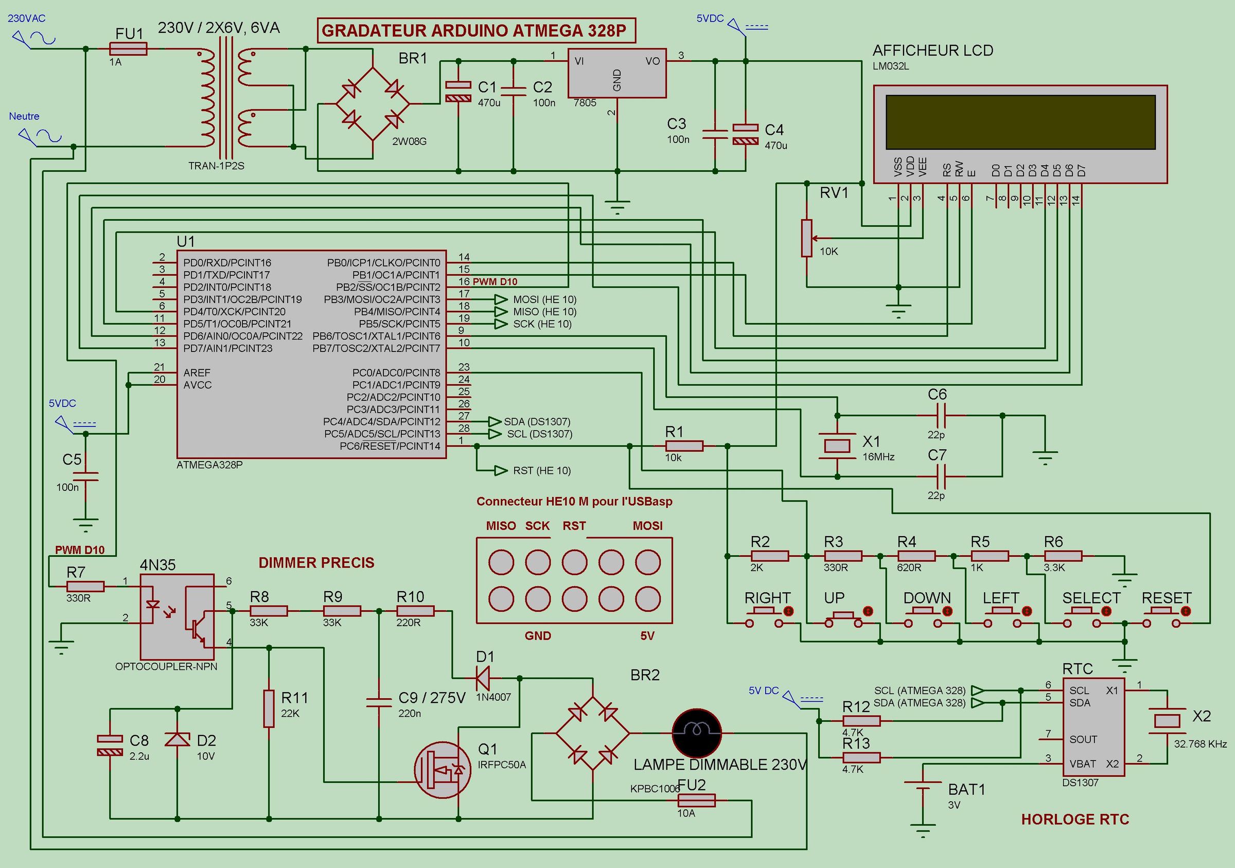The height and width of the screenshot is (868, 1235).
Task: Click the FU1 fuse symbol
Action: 128,49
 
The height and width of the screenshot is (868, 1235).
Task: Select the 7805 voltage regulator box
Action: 617,74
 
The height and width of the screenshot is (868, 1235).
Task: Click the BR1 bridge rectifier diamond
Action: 372,104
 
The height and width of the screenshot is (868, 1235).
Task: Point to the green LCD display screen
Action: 1020,122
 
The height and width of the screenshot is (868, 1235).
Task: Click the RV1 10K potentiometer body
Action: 806,238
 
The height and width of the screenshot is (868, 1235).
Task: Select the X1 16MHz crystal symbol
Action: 837,446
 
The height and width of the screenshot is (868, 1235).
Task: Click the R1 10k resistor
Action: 684,446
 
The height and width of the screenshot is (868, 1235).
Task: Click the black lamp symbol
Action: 697,733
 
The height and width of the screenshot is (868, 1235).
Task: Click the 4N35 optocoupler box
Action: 177,616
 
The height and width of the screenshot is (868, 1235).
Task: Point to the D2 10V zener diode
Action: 177,740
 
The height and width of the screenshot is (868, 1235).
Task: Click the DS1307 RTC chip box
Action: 1093,727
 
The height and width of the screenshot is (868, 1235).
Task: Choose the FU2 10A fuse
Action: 696,800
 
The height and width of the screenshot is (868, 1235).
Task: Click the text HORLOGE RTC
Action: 1075,820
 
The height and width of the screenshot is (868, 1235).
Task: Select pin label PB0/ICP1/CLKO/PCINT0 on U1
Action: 383,263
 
